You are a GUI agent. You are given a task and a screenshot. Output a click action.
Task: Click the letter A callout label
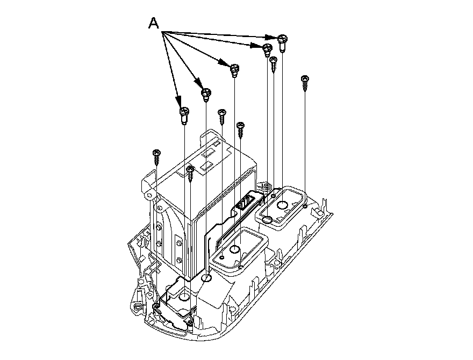click(154, 23)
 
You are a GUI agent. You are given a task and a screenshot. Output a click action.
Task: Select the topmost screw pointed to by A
click(283, 42)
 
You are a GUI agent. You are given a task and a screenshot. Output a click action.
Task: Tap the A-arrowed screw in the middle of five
click(235, 70)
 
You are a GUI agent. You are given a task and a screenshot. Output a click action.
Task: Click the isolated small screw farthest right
click(305, 83)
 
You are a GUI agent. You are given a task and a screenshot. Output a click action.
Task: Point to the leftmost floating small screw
click(156, 157)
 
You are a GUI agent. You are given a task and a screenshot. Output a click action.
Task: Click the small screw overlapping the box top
click(190, 174)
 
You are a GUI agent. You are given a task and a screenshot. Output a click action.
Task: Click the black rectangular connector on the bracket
click(245, 202)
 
